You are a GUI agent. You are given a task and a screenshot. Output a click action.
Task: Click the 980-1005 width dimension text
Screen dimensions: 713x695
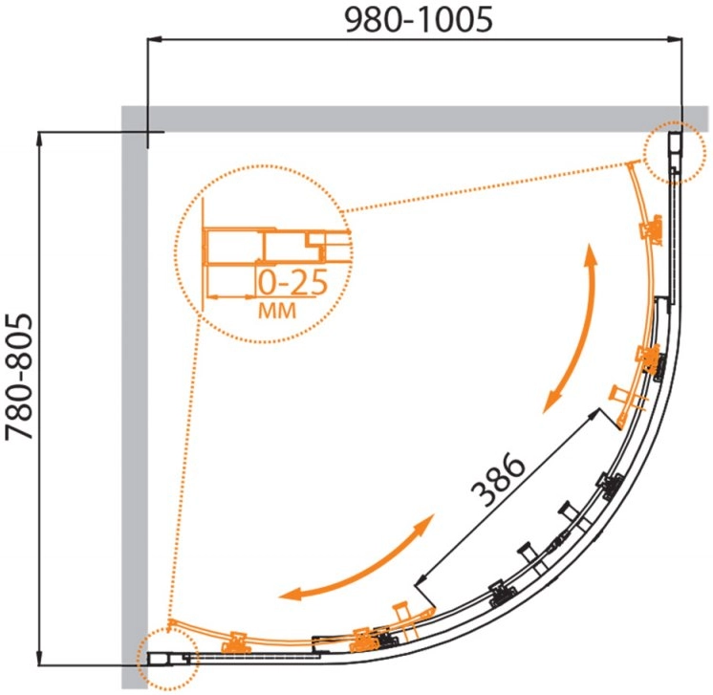click(419, 20)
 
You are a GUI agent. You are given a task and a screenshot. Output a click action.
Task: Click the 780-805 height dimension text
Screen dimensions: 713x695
click(19, 377)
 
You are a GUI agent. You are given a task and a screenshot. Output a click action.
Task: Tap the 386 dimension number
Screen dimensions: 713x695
click(498, 480)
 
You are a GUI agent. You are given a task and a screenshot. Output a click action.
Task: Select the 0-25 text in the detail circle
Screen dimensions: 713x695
click(292, 282)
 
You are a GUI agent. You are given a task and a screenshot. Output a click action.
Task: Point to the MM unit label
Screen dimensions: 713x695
click(277, 311)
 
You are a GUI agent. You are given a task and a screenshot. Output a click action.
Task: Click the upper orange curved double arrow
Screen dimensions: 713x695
click(584, 328)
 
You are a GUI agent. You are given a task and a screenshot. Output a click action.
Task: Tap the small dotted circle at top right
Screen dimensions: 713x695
click(675, 152)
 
